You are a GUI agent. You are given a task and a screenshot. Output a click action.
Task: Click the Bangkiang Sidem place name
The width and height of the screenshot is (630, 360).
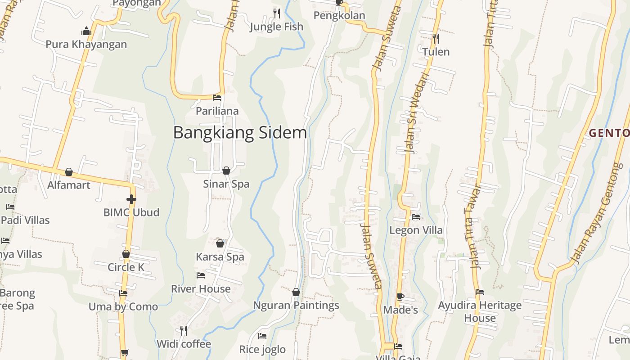coord(240,133)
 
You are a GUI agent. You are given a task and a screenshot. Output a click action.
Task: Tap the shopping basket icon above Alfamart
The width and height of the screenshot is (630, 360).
coord(69,172)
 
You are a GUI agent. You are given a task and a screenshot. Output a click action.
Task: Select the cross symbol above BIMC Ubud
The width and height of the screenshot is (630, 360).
coord(131,199)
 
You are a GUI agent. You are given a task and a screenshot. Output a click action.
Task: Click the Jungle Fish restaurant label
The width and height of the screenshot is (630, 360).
coord(276,27)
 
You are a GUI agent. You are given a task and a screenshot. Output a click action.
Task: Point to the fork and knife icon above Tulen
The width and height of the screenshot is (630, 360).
coord(436,39)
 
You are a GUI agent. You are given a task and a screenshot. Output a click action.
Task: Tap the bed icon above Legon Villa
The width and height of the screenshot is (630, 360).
coord(416,217)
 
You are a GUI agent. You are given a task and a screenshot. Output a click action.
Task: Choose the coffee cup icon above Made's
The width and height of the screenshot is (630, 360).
coord(400,297)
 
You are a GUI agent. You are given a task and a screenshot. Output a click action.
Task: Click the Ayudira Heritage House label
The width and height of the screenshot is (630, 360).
coord(480,311)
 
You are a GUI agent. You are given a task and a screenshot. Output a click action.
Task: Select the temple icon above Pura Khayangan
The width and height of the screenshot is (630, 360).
coord(86,31)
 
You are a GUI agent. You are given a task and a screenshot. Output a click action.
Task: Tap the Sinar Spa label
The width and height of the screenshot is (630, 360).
coord(226,184)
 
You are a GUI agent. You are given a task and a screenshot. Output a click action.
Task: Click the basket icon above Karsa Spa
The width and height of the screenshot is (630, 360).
coord(220,243)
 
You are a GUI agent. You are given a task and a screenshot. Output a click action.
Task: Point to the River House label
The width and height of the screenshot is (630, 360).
coord(201,289)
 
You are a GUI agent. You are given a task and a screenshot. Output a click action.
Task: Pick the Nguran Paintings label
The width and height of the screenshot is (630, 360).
coord(296,306)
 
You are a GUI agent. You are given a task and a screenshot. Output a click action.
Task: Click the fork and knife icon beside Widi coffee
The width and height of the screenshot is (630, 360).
coord(184,331)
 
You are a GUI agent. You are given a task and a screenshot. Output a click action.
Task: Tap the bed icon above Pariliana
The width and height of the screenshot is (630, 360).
coord(217,98)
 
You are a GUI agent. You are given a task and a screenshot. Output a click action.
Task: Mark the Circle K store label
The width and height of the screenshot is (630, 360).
coord(126,267)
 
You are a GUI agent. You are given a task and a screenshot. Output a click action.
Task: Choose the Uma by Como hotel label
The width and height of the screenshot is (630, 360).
coord(123,307)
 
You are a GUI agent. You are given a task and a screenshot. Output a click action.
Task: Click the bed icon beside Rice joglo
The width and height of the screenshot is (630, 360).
coord(262,336)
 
